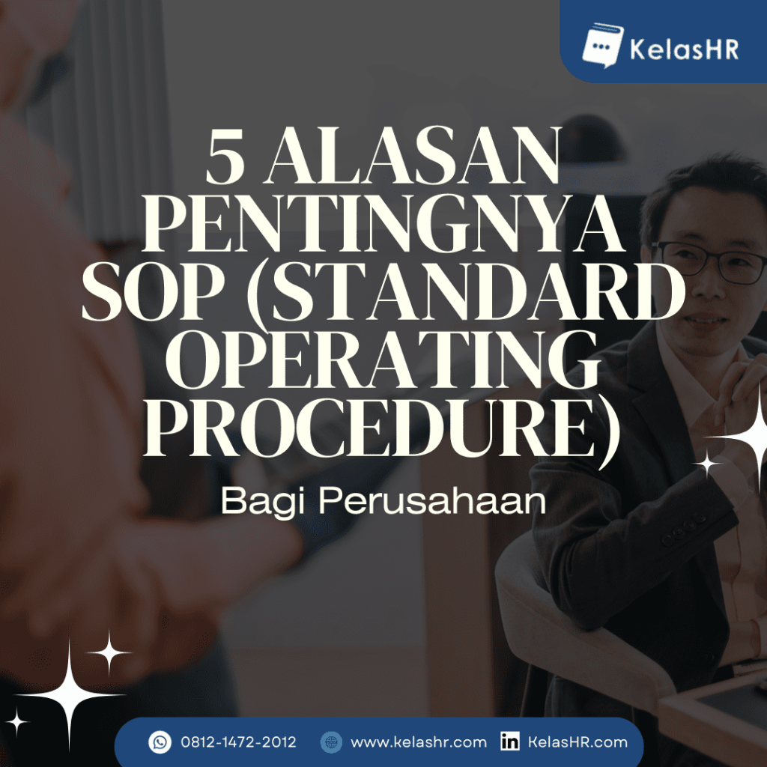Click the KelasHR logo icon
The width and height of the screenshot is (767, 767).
[x=603, y=46]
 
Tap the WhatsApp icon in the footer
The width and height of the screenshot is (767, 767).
[x=160, y=742]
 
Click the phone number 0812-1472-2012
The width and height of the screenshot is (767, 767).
[x=238, y=742]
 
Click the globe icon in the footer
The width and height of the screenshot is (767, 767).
[x=330, y=742]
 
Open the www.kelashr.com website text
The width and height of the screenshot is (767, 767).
[x=418, y=742]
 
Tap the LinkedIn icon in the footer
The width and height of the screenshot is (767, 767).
[x=510, y=742]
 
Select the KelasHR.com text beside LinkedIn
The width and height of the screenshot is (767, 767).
[x=577, y=742]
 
